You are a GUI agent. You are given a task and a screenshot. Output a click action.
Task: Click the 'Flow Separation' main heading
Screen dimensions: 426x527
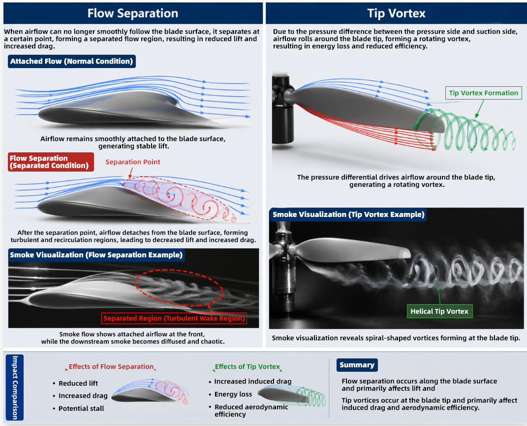[132, 13]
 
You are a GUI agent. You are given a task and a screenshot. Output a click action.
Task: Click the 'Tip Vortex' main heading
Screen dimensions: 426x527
[396, 13]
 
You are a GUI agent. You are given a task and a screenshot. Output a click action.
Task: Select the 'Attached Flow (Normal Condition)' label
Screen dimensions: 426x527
[71, 62]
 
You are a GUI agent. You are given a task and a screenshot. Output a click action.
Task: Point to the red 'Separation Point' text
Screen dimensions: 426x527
[133, 162]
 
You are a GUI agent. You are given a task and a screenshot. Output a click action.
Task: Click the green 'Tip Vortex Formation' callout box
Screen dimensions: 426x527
[483, 93]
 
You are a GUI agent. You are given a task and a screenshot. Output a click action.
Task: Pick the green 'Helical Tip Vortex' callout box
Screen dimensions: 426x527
[439, 311]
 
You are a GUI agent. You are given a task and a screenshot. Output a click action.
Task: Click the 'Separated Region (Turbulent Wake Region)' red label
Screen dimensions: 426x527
[174, 318]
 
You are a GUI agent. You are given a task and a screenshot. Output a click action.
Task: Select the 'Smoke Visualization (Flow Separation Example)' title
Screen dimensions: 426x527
[96, 255]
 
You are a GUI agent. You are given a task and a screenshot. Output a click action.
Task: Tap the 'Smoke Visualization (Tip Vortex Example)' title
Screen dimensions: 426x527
[348, 214]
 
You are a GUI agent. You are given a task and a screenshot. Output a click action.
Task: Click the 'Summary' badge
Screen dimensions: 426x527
[357, 365]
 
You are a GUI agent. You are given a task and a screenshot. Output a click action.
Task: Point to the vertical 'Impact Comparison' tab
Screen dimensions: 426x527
[15, 388]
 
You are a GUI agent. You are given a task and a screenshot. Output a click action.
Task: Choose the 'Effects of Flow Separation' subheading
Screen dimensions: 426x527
[111, 366]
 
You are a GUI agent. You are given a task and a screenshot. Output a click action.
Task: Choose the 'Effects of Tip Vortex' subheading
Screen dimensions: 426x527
[248, 366]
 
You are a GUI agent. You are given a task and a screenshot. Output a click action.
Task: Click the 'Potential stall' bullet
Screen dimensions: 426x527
[81, 408]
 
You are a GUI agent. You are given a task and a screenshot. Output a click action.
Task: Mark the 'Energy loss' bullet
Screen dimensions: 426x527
[233, 394]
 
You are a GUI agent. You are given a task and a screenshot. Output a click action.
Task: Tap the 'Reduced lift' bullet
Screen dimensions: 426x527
[78, 383]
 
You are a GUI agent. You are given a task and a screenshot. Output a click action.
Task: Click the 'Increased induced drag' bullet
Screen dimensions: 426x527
[252, 381]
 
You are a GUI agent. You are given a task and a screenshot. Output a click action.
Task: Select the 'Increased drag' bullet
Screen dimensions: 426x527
[83, 395]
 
